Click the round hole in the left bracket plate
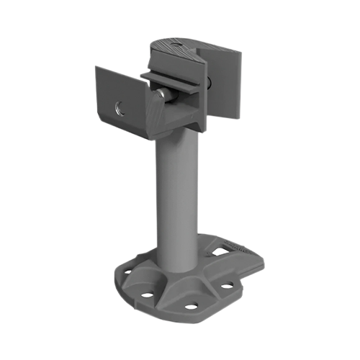click(120, 109)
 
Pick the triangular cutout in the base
click(218, 250)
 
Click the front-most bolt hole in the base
click(192, 307)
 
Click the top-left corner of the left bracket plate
click(96, 67)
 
